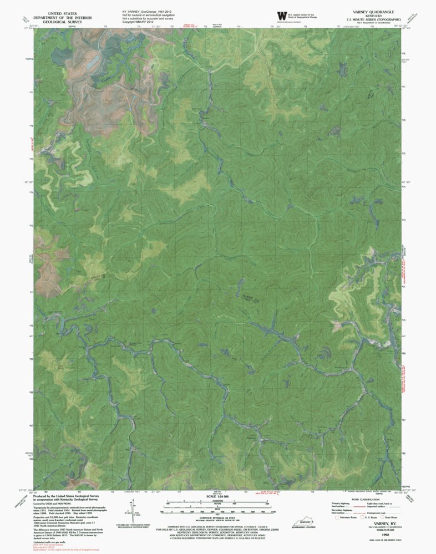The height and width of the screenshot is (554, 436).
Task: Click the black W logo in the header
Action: (x=280, y=16)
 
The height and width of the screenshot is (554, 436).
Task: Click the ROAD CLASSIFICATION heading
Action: (x=366, y=499)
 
